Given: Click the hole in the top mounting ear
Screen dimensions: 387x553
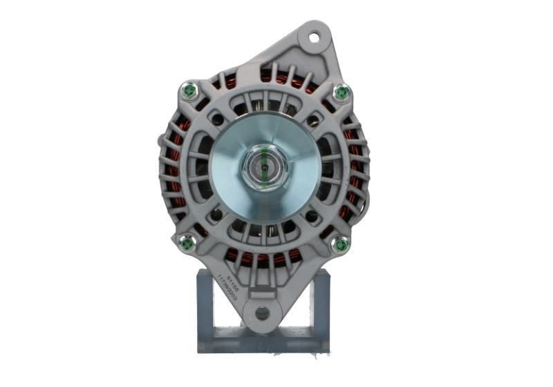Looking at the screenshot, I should pos(315,37).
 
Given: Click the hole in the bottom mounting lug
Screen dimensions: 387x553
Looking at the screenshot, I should pos(262,312).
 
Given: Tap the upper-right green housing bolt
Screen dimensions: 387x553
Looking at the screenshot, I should pos(340,92).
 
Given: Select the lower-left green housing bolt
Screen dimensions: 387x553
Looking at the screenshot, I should pos(186,242).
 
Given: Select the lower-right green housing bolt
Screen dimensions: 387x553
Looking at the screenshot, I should pos(339,244).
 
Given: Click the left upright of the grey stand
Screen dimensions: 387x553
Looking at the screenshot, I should pos(205,304).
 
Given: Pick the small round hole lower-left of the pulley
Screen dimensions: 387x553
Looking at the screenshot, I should pos(216,215).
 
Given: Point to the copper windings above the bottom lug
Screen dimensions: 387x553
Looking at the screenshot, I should pos(263,259).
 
